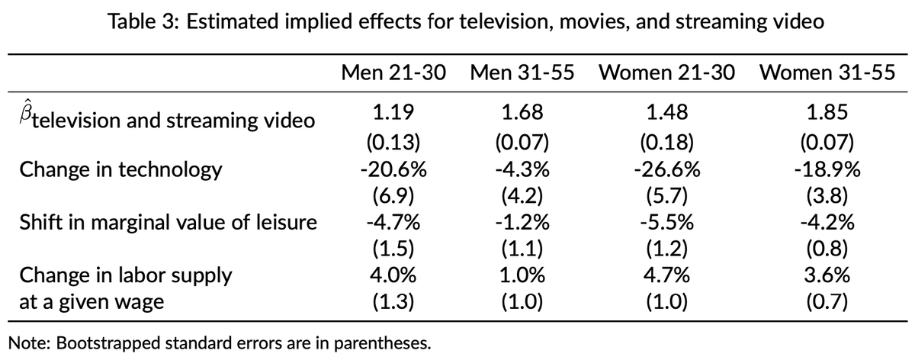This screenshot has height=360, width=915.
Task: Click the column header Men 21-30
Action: (x=393, y=74)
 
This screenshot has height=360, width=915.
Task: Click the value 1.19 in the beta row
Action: (x=392, y=114)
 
